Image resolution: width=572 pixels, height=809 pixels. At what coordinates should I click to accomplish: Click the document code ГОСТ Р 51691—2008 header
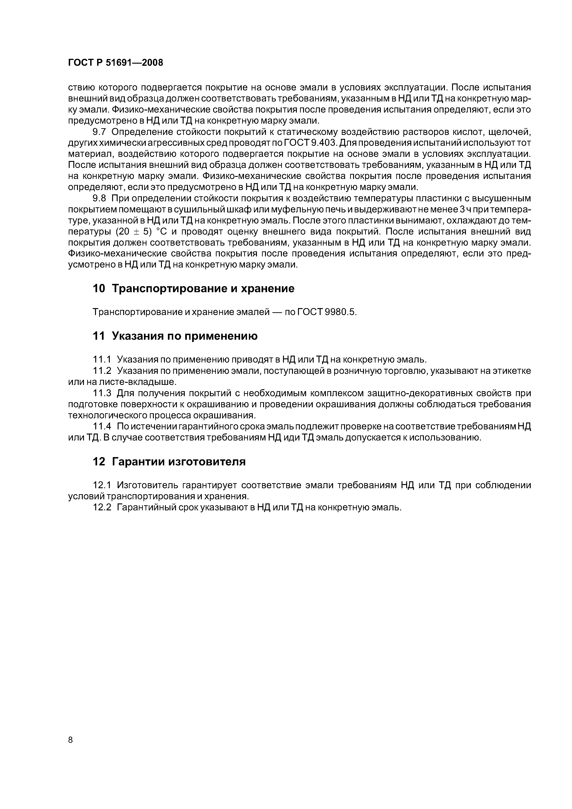point(115,63)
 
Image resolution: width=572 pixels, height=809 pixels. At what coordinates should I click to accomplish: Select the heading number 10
point(99,289)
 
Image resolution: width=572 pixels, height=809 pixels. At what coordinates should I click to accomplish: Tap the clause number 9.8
point(99,198)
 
